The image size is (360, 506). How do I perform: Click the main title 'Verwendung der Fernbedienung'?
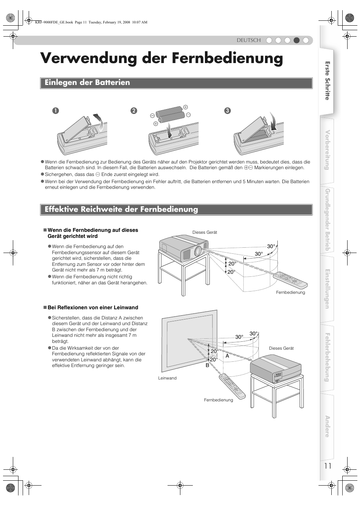click(162, 59)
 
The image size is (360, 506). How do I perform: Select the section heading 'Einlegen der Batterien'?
click(87, 83)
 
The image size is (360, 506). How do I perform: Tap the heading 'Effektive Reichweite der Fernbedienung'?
click(121, 209)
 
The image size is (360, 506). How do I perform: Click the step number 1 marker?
click(55, 111)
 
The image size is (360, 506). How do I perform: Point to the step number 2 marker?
click(134, 111)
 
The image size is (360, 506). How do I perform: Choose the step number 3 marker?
click(227, 111)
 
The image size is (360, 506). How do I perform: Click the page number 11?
click(328, 466)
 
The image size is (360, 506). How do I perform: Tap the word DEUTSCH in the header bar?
click(249, 40)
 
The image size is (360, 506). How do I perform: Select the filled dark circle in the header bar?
click(297, 40)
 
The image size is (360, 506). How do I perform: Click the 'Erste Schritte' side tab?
click(327, 81)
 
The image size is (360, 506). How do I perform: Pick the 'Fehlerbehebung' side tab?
click(327, 357)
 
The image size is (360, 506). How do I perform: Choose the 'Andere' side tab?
click(327, 426)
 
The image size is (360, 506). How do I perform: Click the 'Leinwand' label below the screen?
click(167, 378)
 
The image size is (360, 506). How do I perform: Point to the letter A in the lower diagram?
click(228, 356)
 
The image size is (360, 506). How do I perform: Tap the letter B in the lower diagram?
click(207, 366)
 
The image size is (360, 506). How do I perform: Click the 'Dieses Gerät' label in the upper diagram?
click(205, 232)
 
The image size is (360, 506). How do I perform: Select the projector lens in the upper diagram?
click(198, 251)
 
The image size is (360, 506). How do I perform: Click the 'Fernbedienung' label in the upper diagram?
click(290, 292)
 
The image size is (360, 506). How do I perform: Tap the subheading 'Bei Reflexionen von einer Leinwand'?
click(93, 307)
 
